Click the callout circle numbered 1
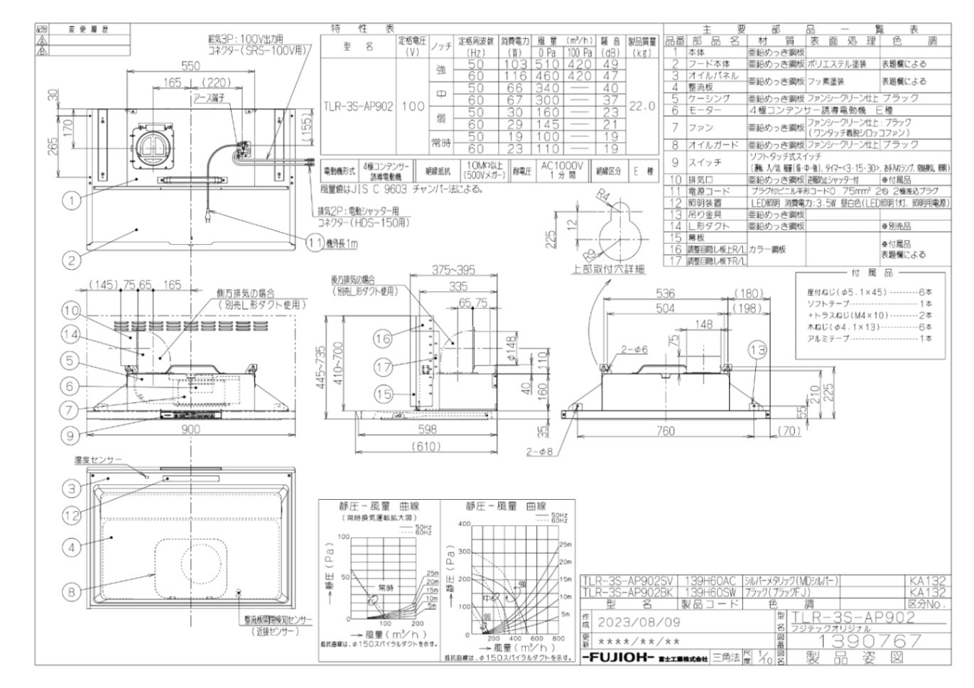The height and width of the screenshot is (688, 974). (71, 200)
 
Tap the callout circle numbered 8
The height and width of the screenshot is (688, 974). (71, 591)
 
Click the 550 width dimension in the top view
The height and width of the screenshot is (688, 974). (190, 66)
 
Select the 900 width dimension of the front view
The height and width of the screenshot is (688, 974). (190, 429)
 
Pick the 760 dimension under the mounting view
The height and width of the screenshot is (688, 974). (665, 430)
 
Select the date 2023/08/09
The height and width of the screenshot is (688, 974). (639, 622)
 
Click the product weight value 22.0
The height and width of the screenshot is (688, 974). (642, 106)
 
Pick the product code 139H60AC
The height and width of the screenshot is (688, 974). (710, 581)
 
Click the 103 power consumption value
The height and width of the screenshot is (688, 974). (514, 64)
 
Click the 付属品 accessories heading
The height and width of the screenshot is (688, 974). (879, 273)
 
